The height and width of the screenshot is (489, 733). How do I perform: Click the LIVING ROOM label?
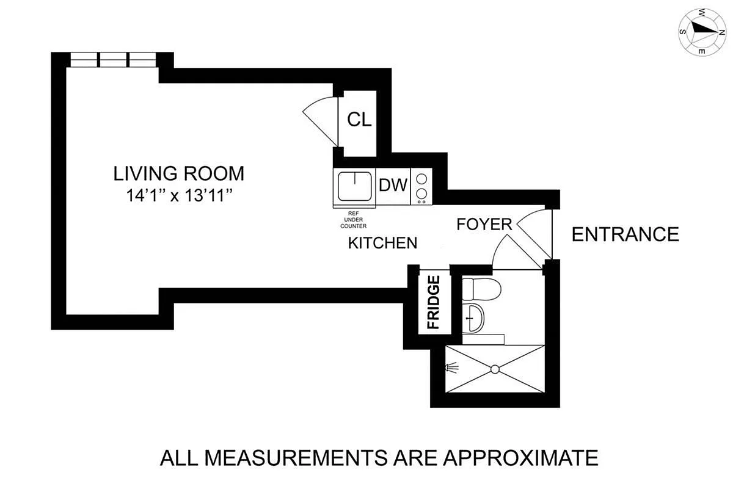(x=179, y=173)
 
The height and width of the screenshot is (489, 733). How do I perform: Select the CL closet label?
(x=359, y=120)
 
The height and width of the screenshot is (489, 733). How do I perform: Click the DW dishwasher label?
(x=393, y=185)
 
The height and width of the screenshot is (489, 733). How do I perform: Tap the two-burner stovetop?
(x=421, y=186)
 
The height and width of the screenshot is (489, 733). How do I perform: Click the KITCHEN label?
(x=382, y=243)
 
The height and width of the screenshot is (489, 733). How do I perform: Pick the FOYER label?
(x=484, y=225)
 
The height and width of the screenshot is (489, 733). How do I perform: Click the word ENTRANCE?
(x=625, y=234)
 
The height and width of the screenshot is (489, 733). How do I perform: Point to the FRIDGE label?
(x=434, y=302)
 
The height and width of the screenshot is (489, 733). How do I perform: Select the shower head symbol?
(x=451, y=368)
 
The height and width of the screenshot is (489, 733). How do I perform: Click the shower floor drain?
(x=495, y=369)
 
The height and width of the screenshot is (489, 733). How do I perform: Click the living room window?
(x=114, y=60)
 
